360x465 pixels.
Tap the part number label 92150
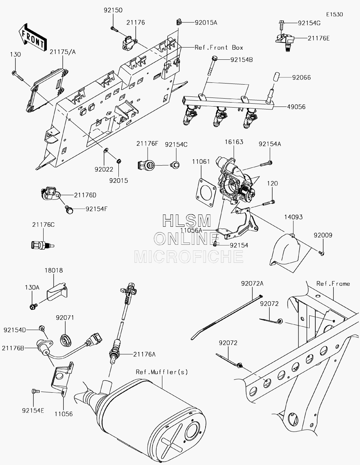click(113, 10)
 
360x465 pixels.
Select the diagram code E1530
click(334, 14)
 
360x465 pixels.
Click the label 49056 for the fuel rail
click(296, 107)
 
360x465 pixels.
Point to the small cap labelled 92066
click(277, 77)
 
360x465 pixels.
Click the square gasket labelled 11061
click(206, 193)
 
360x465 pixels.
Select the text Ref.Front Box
click(219, 48)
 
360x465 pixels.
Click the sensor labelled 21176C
click(42, 245)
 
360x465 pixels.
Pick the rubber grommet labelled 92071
click(65, 340)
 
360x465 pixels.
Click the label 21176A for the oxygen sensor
click(144, 355)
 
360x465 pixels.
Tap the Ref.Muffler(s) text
click(162, 372)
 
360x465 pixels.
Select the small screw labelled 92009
click(321, 253)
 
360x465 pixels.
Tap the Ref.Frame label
click(333, 284)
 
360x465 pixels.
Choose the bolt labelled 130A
click(33, 307)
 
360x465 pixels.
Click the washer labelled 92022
click(106, 150)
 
